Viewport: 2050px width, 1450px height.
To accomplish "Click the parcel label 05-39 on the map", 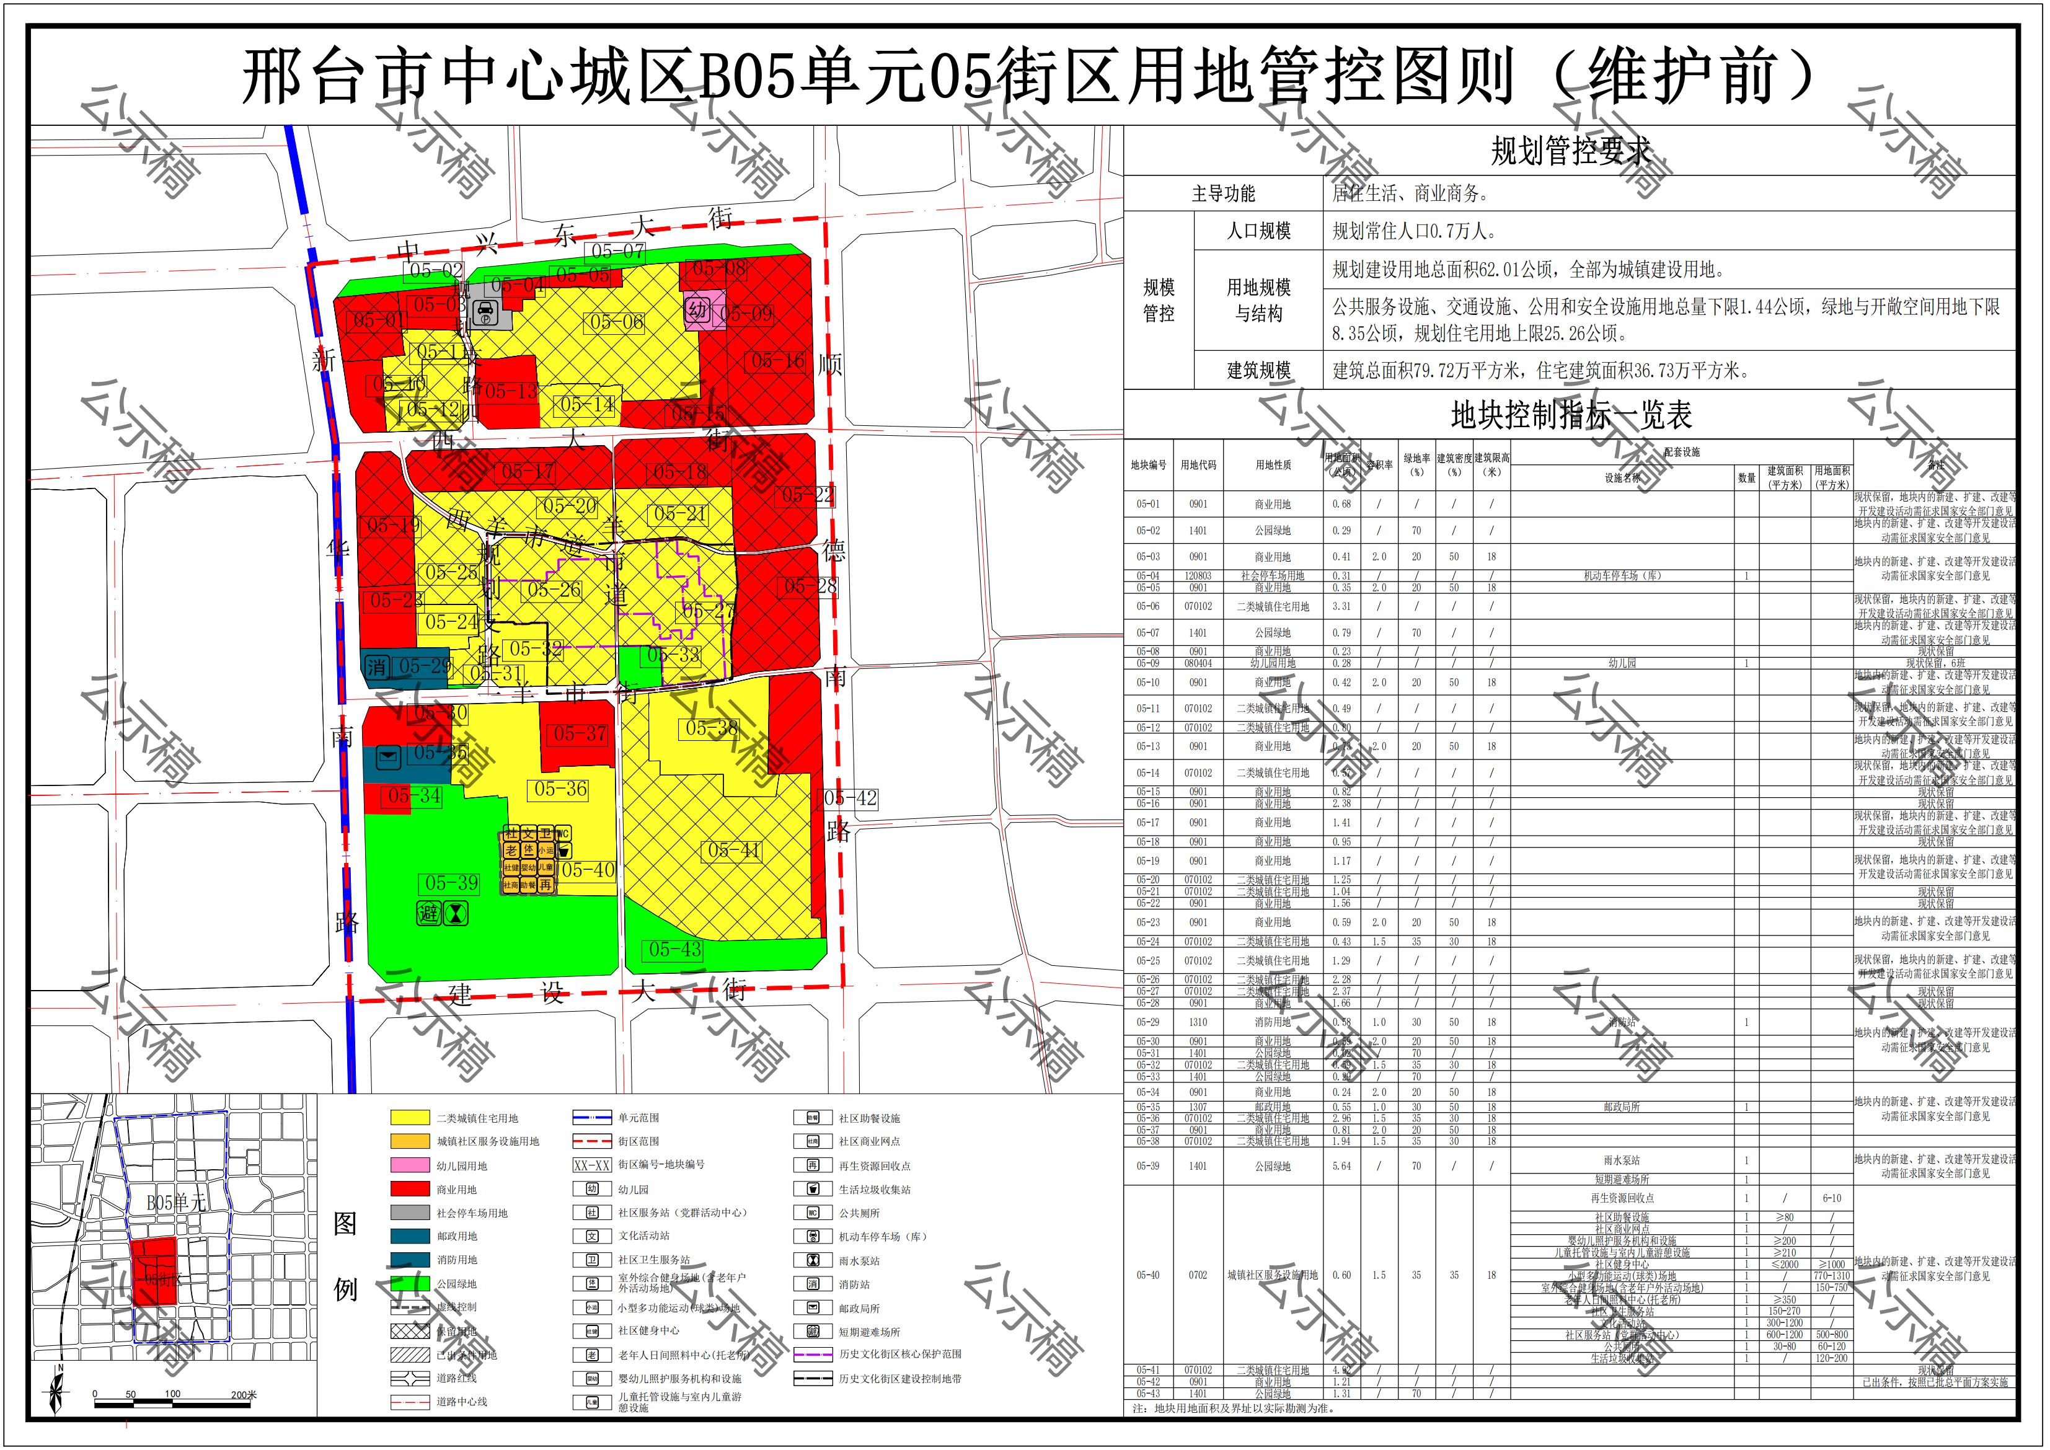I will pyautogui.click(x=451, y=883).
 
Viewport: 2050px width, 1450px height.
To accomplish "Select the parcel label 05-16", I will pyautogui.click(x=778, y=361).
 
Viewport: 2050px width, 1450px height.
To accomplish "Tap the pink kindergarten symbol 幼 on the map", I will pyautogui.click(x=697, y=310).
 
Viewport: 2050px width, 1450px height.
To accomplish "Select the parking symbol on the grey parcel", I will pyautogui.click(x=487, y=312).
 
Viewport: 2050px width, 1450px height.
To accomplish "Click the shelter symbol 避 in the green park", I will pyautogui.click(x=430, y=913).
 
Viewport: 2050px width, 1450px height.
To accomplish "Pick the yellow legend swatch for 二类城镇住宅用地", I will pyautogui.click(x=409, y=1118).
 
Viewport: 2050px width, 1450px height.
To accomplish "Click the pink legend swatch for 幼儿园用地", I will pyautogui.click(x=409, y=1165).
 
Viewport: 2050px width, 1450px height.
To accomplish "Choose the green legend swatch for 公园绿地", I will pyautogui.click(x=409, y=1283).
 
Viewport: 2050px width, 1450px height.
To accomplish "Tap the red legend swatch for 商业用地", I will pyautogui.click(x=409, y=1189).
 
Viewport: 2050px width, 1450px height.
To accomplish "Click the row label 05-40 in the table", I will pyautogui.click(x=1147, y=1275).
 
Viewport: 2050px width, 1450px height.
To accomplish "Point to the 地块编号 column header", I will pyautogui.click(x=1147, y=465).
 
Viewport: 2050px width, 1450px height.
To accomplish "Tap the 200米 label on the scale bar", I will pyautogui.click(x=243, y=1395).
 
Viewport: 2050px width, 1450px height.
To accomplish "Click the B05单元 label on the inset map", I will pyautogui.click(x=176, y=1202).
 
